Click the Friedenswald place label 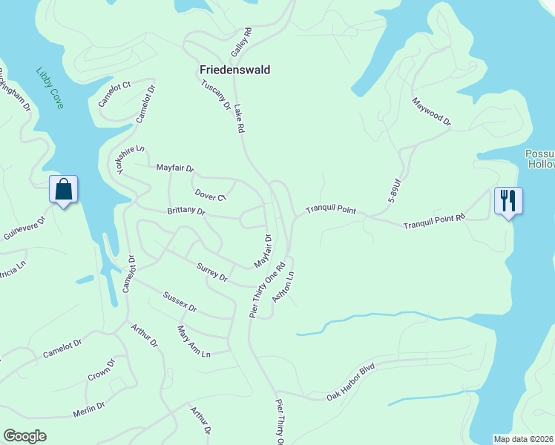234,70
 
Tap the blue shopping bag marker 64,190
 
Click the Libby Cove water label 50,88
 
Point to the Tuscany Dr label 216,95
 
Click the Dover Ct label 210,196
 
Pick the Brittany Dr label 186,211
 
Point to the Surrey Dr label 212,272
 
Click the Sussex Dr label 181,302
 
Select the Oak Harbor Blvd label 352,383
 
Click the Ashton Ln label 284,285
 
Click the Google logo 25,436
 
